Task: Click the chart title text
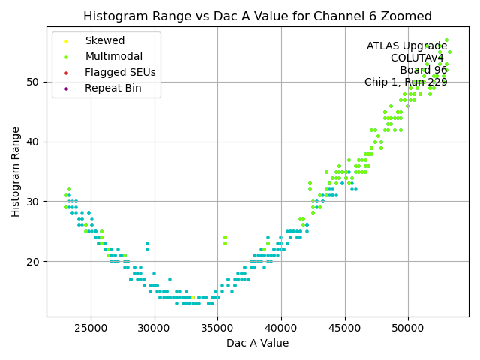(257, 16)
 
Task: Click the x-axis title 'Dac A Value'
(257, 343)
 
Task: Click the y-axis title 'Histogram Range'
(16, 172)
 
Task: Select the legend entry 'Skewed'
(105, 41)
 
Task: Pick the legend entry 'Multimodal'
(113, 57)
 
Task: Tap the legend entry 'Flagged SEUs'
(120, 73)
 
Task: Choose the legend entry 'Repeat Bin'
(112, 88)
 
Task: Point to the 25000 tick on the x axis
(91, 328)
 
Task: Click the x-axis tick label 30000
(154, 328)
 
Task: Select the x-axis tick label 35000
(218, 328)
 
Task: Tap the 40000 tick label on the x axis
(281, 328)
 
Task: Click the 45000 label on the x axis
(345, 328)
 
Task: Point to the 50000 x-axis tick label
(408, 328)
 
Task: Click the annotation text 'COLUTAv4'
(417, 58)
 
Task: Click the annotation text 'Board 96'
(423, 70)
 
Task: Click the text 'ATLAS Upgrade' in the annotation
(406, 46)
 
